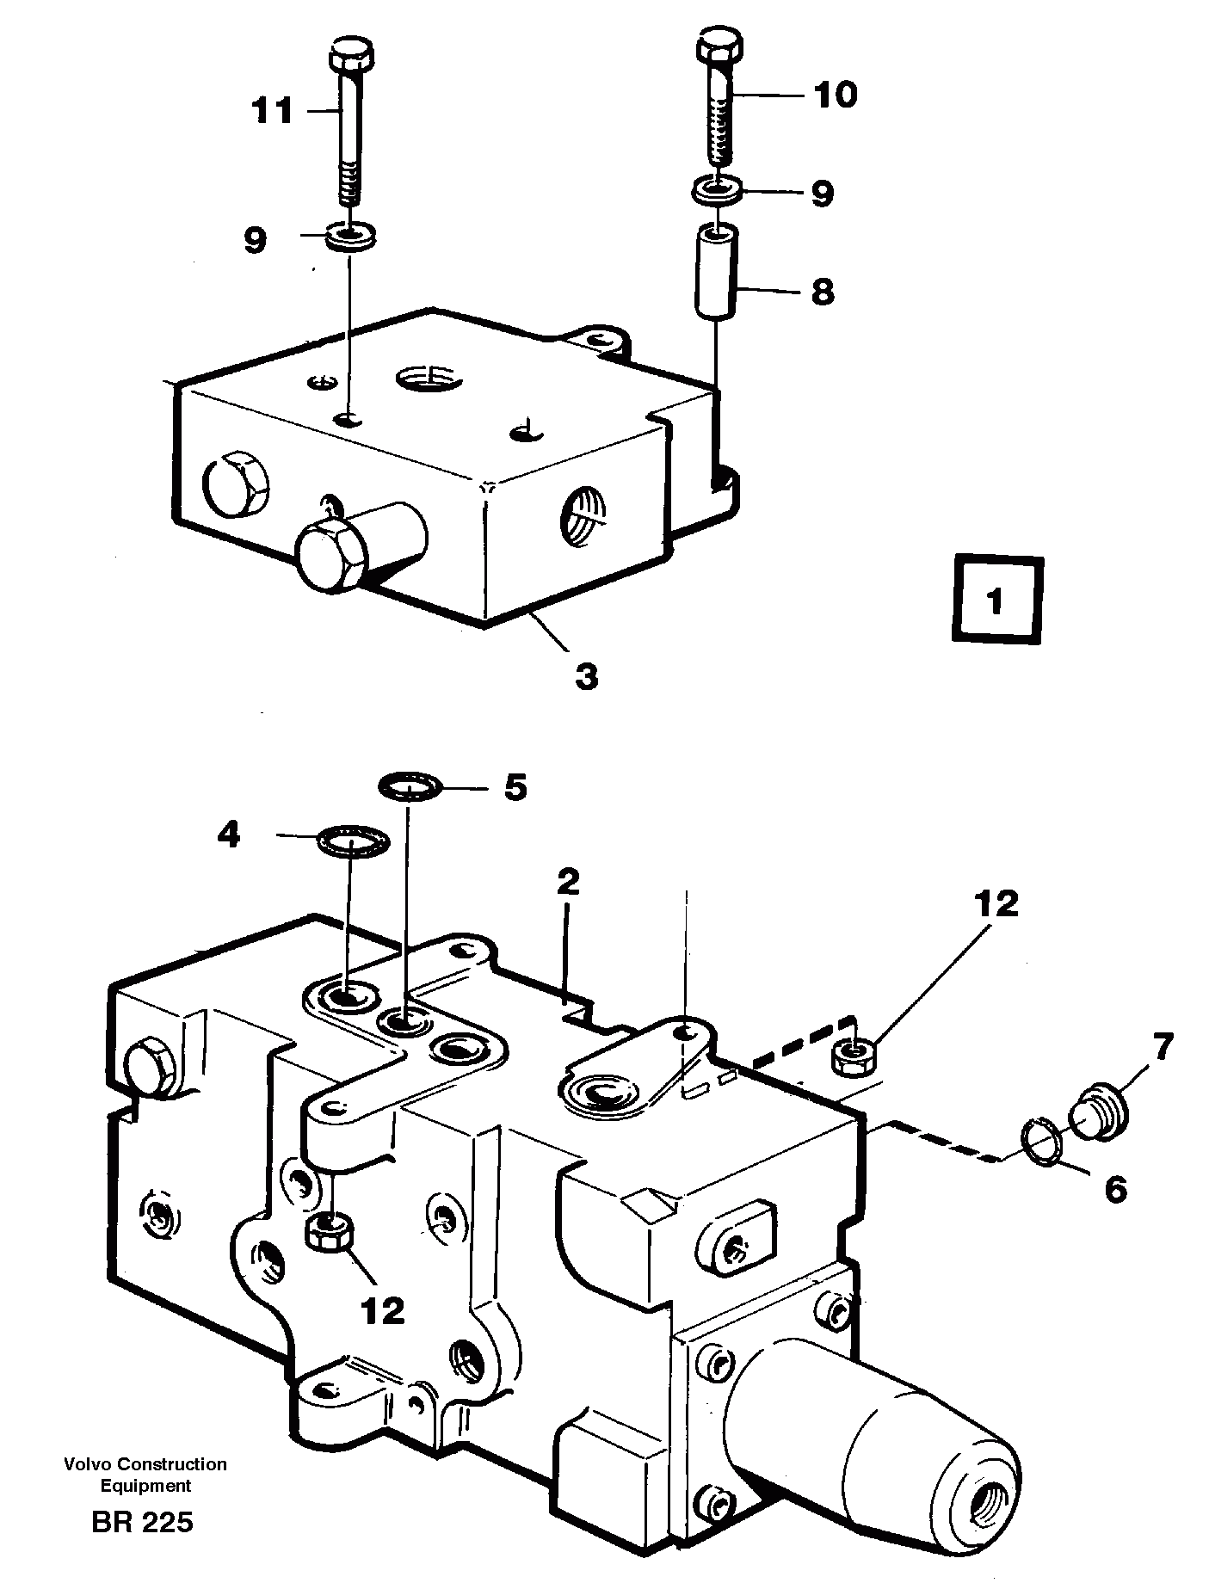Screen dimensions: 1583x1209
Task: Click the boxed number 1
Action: click(996, 601)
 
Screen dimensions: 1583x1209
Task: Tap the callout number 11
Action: click(273, 111)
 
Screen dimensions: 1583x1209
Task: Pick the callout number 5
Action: click(515, 786)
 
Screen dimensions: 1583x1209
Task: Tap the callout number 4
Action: click(227, 835)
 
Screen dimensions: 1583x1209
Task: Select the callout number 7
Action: click(1162, 1047)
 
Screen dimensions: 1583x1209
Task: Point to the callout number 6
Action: click(1114, 1190)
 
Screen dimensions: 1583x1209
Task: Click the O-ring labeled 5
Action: click(410, 785)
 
